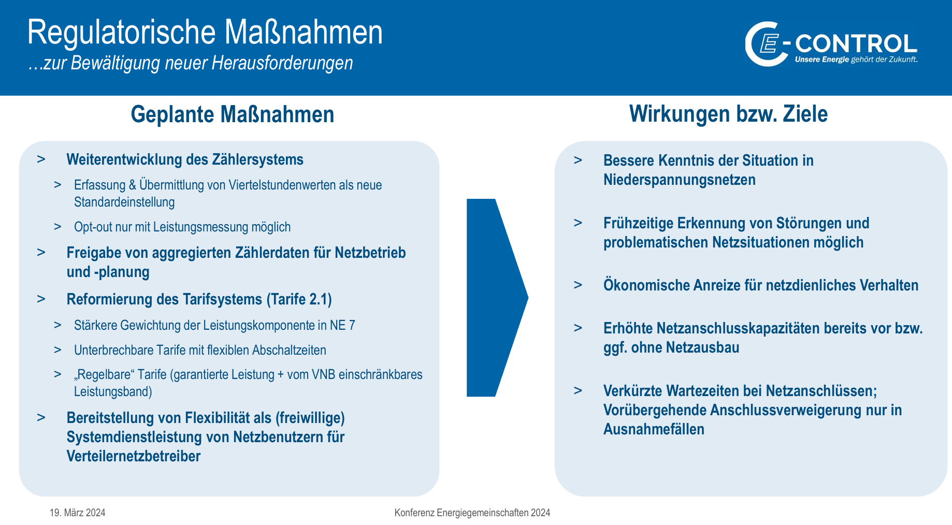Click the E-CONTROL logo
831,44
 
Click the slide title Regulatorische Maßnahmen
205,32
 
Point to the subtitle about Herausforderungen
191,63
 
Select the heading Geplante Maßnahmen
233,114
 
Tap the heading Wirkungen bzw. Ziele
728,114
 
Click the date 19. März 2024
78,513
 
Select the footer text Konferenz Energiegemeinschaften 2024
472,513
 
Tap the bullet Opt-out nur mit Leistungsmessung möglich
182,227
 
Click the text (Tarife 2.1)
299,299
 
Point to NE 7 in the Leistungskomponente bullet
343,325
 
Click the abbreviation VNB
324,374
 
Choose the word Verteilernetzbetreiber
134,456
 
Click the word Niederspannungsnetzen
680,180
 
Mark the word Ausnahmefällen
654,429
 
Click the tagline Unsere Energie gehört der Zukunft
856,60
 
